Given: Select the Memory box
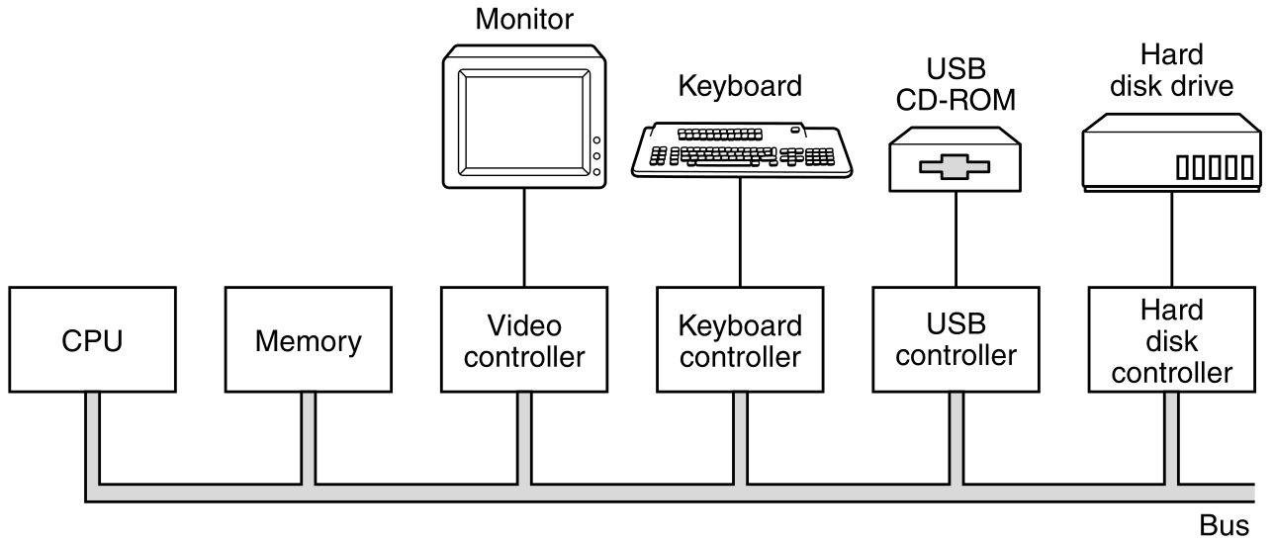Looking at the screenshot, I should [308, 339].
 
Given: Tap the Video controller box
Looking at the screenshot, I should [524, 339].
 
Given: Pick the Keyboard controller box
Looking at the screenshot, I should [740, 339].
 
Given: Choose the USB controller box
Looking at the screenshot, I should [955, 339].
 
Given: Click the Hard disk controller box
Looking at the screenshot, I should [1172, 339].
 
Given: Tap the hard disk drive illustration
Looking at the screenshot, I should [1172, 153].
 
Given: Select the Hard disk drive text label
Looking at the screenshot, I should [1172, 71].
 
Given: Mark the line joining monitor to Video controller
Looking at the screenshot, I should [524, 237].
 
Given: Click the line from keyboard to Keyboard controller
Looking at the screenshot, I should [740, 232].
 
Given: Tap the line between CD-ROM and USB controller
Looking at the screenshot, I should [955, 237].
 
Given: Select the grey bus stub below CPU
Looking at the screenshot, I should [92, 435].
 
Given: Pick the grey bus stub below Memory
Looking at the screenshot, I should [308, 435].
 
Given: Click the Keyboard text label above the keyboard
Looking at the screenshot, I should [740, 86].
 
